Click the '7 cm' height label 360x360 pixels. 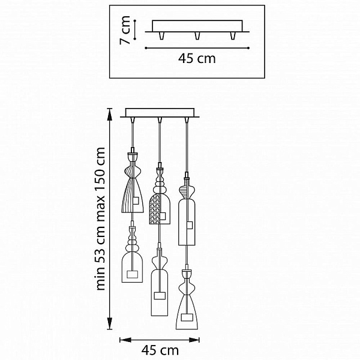(125, 30)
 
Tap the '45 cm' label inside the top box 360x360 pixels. (197, 59)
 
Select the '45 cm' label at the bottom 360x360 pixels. (160, 350)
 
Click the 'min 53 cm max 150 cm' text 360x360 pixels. (101, 219)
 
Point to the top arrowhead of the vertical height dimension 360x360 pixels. (110, 114)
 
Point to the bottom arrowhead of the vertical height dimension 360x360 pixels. (110, 323)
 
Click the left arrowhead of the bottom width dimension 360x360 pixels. (125, 340)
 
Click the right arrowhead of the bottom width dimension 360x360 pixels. (194, 340)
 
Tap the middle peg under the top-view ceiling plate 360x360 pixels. (197, 35)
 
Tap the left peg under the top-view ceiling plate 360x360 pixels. (162, 35)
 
